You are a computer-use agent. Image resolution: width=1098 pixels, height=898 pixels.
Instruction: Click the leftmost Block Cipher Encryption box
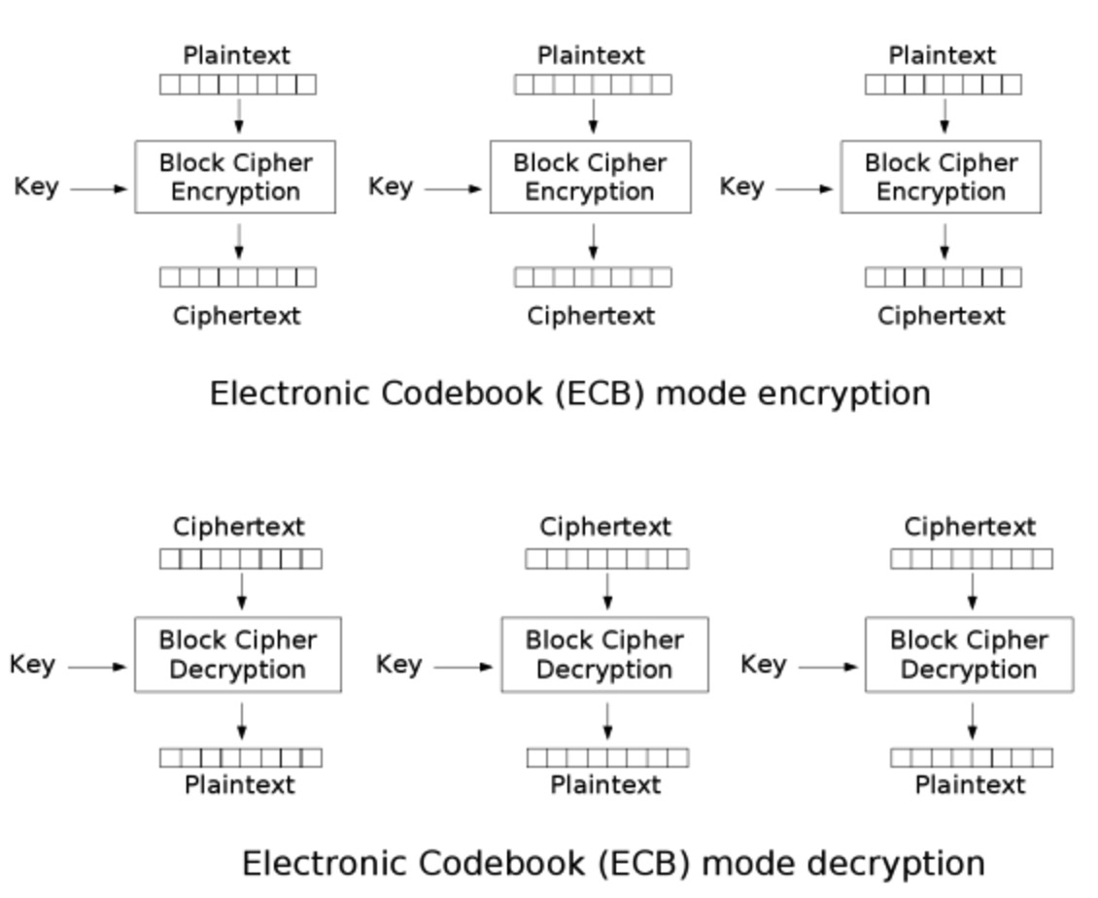[235, 177]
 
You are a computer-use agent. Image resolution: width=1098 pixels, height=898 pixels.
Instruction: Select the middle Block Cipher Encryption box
[590, 177]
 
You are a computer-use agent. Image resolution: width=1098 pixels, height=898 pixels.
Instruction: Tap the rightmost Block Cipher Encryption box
[941, 177]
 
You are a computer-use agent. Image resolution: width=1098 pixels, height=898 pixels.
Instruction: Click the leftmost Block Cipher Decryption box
[238, 654]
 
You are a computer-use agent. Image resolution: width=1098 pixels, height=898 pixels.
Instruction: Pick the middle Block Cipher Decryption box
[604, 654]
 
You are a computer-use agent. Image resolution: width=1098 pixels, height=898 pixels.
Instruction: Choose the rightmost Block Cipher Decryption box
[969, 654]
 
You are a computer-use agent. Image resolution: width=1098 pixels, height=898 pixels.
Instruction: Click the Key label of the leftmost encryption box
[36, 187]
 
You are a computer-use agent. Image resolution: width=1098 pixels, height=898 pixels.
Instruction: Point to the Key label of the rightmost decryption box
[763, 665]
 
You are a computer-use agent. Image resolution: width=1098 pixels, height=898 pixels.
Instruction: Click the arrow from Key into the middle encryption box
[453, 189]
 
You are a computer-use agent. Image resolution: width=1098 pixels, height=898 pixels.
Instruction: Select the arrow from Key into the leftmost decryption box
[98, 667]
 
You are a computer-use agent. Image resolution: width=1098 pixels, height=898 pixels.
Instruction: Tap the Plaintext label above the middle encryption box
[591, 55]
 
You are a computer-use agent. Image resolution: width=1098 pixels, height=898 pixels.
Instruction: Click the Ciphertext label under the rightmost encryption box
[941, 316]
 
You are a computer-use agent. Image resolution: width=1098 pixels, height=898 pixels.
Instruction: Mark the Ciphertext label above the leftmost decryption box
[239, 527]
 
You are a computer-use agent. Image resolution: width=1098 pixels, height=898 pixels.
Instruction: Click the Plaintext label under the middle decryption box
[605, 784]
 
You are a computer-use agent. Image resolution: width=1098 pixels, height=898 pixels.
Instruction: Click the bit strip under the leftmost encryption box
[238, 278]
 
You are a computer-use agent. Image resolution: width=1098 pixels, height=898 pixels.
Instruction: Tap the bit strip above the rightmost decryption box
[972, 559]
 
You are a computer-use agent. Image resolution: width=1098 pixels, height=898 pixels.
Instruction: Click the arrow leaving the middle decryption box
[607, 720]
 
